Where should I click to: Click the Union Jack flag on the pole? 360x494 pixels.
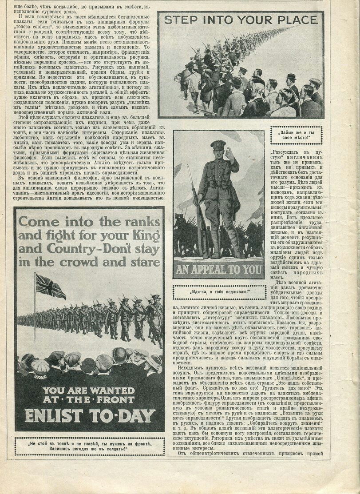click(50, 286)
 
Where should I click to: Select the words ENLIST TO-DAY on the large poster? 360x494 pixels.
click(90, 415)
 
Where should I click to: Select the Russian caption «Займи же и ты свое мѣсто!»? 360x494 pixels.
click(297, 135)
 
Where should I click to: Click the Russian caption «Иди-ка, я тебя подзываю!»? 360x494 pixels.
click(220, 292)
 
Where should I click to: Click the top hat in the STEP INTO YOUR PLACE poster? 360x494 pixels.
click(291, 76)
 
